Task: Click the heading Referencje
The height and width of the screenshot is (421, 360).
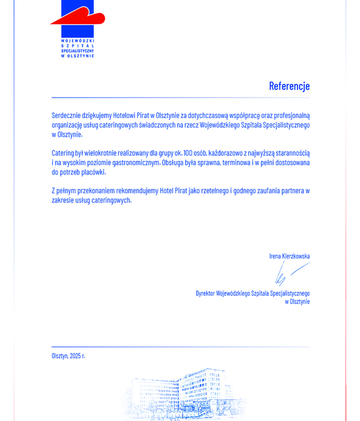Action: (289, 86)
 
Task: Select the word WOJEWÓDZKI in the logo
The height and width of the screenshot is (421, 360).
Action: (78, 40)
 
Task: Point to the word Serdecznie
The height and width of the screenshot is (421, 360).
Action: (67, 115)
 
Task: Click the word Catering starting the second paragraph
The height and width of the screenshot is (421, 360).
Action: (64, 152)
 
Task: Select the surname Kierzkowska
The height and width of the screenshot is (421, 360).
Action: (295, 256)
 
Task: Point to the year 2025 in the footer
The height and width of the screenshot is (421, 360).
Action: (76, 355)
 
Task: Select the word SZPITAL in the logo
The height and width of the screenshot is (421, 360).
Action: (78, 45)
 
